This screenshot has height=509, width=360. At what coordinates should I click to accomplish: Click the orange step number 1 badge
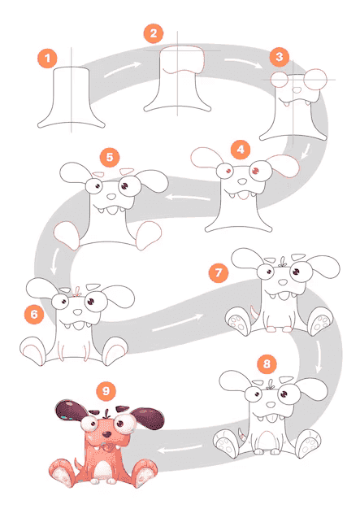pyautogui.click(x=47, y=59)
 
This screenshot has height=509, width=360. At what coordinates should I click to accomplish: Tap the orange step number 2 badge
pyautogui.click(x=154, y=33)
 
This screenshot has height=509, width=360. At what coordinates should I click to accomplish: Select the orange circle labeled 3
pyautogui.click(x=280, y=57)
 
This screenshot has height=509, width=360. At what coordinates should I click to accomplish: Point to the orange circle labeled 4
pyautogui.click(x=241, y=150)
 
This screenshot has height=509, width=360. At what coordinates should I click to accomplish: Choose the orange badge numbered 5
pyautogui.click(x=110, y=158)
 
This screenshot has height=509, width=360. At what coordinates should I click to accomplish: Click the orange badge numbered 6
pyautogui.click(x=34, y=314)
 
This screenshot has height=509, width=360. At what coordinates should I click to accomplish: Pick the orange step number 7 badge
pyautogui.click(x=219, y=272)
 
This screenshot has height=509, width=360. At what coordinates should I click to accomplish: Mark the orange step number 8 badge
pyautogui.click(x=267, y=364)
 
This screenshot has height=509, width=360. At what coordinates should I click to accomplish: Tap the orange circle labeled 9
pyautogui.click(x=106, y=391)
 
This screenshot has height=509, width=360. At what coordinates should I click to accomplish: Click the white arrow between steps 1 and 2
pyautogui.click(x=123, y=69)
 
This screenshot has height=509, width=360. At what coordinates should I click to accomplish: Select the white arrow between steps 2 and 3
pyautogui.click(x=243, y=63)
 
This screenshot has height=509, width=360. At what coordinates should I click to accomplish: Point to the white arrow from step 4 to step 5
pyautogui.click(x=188, y=197)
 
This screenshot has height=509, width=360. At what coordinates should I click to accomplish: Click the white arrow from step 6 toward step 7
pyautogui.click(x=178, y=322)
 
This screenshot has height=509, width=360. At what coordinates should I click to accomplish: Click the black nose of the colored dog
pyautogui.click(x=106, y=434)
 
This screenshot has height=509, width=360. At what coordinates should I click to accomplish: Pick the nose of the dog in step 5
pyautogui.click(x=111, y=197)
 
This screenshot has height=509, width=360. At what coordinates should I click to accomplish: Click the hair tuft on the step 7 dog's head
pyautogui.click(x=282, y=263)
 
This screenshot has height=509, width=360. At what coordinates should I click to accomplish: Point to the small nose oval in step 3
pyautogui.click(x=296, y=89)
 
